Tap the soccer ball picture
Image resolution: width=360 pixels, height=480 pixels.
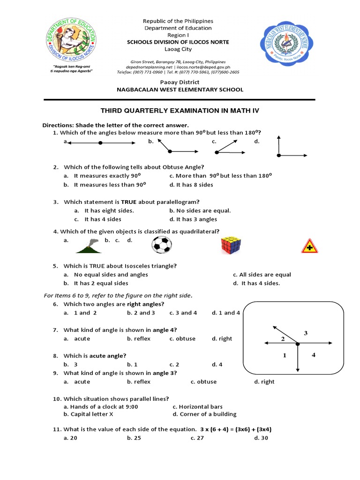coord(162,245)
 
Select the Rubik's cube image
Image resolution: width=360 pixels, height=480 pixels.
coord(233,245)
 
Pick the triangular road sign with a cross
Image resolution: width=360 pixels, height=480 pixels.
coord(308,246)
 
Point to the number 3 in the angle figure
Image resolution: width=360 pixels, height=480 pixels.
coord(305,333)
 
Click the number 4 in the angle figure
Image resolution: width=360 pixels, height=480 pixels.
coord(314,355)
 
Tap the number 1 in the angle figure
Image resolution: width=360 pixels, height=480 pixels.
coord(284,356)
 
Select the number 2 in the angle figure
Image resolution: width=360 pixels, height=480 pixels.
coord(283,339)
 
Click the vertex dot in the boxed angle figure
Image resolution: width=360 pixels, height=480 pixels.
coord(298,345)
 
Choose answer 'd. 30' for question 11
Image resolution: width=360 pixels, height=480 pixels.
coord(262,438)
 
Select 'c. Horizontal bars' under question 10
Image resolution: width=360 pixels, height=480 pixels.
coord(197,407)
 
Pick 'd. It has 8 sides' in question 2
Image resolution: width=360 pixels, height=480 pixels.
coord(191,185)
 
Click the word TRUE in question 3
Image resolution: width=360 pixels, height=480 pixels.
coord(130,202)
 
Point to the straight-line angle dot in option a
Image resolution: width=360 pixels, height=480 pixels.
coord(100,142)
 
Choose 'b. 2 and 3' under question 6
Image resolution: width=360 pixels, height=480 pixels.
coord(141,313)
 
